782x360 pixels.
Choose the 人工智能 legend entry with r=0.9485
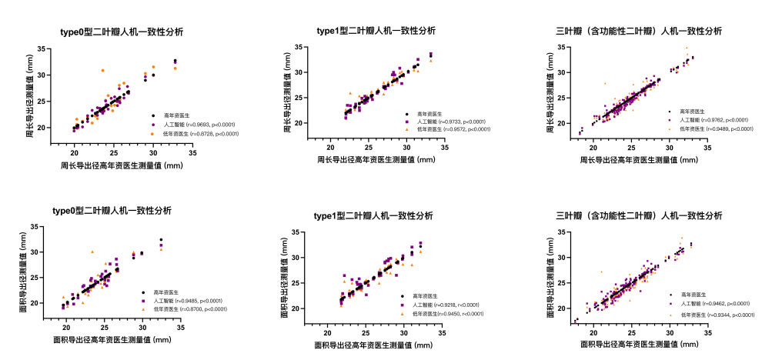(189, 301)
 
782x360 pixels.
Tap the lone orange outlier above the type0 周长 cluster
(102, 71)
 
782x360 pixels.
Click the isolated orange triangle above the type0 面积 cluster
(92, 252)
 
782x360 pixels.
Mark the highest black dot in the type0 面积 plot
(161, 240)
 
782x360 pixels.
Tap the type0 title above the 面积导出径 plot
(112, 210)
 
